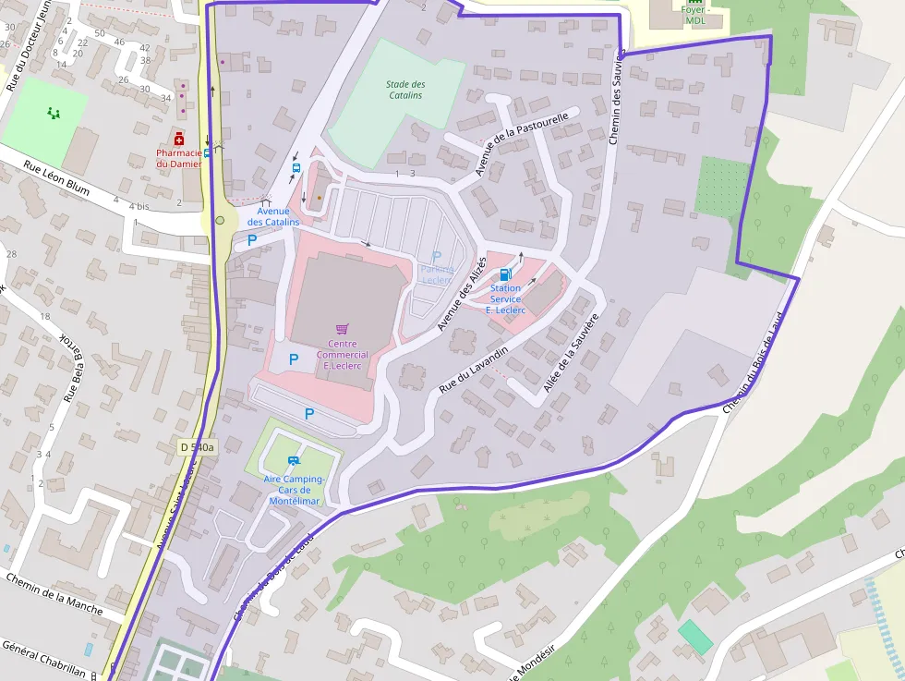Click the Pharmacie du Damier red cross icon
click(x=178, y=139)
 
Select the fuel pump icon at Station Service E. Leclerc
click(x=505, y=274)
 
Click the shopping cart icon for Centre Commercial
click(x=342, y=329)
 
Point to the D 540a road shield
click(x=197, y=447)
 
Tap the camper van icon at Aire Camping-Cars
click(x=294, y=460)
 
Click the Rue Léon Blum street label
click(x=56, y=179)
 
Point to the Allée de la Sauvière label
click(x=572, y=354)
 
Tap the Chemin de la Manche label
click(x=53, y=593)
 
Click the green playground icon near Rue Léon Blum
click(x=54, y=114)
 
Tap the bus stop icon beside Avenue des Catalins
click(x=296, y=167)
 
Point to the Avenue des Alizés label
click(x=461, y=296)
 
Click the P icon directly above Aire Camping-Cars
click(x=309, y=414)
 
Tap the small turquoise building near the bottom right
click(x=695, y=637)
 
